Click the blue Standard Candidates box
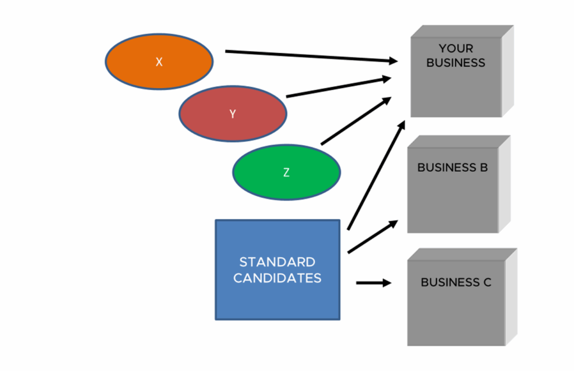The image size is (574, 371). click(x=277, y=297)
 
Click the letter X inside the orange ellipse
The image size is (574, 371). click(x=159, y=62)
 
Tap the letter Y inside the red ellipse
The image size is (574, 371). click(x=233, y=114)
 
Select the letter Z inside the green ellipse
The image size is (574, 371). click(x=286, y=173)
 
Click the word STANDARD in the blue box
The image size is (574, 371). click(x=277, y=262)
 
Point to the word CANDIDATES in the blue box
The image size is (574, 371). click(x=277, y=278)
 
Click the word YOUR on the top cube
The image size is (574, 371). click(x=456, y=49)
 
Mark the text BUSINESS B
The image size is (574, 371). click(x=452, y=168)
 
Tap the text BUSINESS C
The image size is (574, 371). click(x=456, y=282)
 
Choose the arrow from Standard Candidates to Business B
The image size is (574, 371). click(x=373, y=236)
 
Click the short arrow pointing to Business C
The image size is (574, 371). click(x=373, y=283)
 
